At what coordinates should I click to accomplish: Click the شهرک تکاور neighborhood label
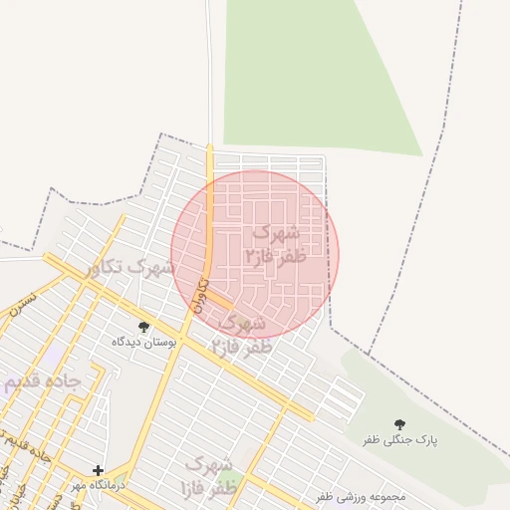pyautogui.click(x=129, y=267)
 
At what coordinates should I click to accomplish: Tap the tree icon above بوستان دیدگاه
pyautogui.click(x=143, y=326)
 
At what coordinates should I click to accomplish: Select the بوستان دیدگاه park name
pyautogui.click(x=143, y=342)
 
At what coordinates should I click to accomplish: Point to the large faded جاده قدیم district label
pyautogui.click(x=40, y=382)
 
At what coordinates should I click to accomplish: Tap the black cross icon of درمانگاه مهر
pyautogui.click(x=98, y=470)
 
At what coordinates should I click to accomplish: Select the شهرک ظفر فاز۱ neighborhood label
pyautogui.click(x=208, y=476)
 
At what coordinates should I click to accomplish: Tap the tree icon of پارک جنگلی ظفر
pyautogui.click(x=400, y=424)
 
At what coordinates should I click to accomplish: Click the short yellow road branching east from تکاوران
pyautogui.click(x=221, y=301)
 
